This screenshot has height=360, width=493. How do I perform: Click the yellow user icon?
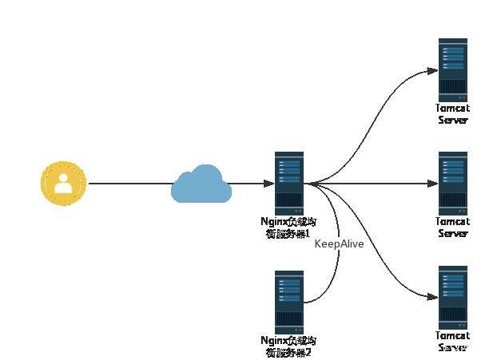click(63, 184)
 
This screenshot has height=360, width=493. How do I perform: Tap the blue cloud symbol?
click(201, 184)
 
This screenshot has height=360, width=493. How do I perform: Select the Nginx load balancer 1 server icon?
click(288, 183)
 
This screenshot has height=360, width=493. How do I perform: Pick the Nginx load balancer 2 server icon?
click(288, 302)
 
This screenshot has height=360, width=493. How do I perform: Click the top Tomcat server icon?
click(452, 69)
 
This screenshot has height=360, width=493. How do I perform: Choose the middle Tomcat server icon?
click(452, 183)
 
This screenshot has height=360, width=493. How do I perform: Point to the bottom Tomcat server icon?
click(452, 296)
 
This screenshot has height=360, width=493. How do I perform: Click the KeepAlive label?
click(339, 243)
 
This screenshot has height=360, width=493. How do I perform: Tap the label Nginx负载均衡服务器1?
click(288, 227)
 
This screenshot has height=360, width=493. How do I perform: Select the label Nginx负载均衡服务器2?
click(288, 346)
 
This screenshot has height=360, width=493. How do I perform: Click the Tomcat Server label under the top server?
click(452, 113)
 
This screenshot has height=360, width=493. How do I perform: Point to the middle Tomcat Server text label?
click(452, 227)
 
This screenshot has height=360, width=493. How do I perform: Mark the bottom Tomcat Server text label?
click(452, 342)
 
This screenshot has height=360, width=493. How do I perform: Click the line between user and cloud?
click(128, 184)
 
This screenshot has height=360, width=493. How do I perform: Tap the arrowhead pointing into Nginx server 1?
click(268, 184)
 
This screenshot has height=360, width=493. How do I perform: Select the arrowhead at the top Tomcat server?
click(432, 70)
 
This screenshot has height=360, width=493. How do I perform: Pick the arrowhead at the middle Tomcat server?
click(432, 184)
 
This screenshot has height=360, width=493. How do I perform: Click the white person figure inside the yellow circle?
click(63, 185)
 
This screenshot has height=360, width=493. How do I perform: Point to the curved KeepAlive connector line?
click(336, 271)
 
